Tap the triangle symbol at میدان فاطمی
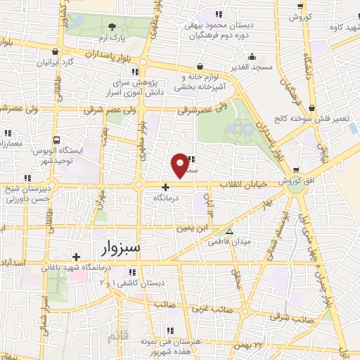(229, 231)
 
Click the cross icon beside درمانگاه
(165, 187)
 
